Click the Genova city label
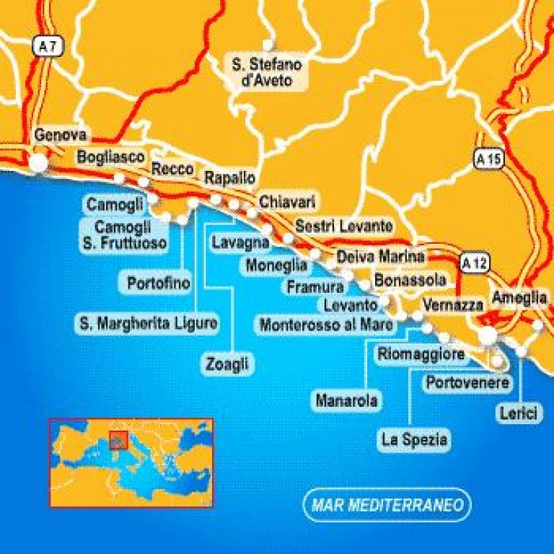[x=61, y=135]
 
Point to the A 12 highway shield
[x=473, y=263]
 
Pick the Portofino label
[x=159, y=283]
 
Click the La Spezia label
[x=415, y=439]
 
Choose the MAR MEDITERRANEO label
[x=387, y=505]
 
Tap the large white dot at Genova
[x=40, y=164]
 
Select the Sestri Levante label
[x=344, y=226]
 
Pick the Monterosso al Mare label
[x=327, y=325]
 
